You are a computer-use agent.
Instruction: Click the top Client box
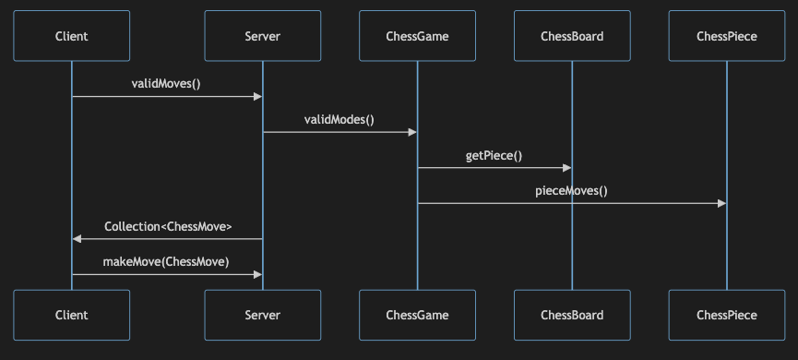point(71,36)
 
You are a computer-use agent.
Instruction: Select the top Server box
point(263,36)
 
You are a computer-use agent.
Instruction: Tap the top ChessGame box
point(417,36)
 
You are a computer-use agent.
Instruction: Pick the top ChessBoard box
point(572,36)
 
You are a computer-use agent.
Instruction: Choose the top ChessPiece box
point(727,36)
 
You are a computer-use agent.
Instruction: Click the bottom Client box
point(71,315)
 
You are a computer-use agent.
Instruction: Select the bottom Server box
point(263,315)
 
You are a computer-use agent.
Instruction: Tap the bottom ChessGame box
point(417,315)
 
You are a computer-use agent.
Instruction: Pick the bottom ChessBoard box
point(572,315)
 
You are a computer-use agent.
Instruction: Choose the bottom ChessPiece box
point(727,315)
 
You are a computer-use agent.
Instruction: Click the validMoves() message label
point(166,84)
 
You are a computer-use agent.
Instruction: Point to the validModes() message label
point(339,120)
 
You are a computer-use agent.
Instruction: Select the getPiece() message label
point(494,156)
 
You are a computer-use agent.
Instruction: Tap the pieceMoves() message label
point(571,192)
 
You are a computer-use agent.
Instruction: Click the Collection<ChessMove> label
point(168,226)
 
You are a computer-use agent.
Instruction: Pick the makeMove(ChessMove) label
point(166,261)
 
